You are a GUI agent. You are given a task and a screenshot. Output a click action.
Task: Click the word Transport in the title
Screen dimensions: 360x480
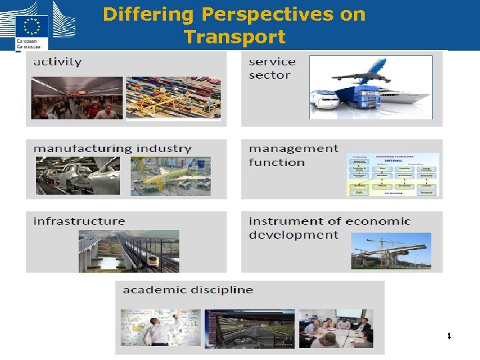coord(235,37)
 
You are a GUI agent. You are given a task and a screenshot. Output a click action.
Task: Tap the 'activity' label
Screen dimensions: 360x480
coord(57,62)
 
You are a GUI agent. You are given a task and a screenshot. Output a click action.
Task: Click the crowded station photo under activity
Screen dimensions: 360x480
coord(77,98)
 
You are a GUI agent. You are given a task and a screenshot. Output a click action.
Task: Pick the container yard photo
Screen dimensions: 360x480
coord(173,98)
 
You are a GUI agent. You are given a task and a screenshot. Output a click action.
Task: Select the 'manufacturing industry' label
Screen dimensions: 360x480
coord(112,149)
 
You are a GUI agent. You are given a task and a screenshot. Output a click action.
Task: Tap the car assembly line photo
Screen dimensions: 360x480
coord(78,176)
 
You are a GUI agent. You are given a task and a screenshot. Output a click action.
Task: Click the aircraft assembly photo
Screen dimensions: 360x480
coord(171,177)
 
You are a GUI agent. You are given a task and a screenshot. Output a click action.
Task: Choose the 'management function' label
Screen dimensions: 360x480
coord(293,155)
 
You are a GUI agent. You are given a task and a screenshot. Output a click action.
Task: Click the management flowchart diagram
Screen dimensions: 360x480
coord(393,174)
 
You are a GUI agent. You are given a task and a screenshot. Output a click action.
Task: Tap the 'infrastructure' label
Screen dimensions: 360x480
coord(79,221)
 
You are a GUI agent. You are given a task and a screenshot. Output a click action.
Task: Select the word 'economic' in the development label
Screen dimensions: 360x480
coord(377,221)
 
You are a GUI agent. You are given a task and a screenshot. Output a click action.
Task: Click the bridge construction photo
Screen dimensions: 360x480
coord(391,251)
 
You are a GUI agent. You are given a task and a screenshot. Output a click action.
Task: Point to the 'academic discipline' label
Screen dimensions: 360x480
coord(188,290)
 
